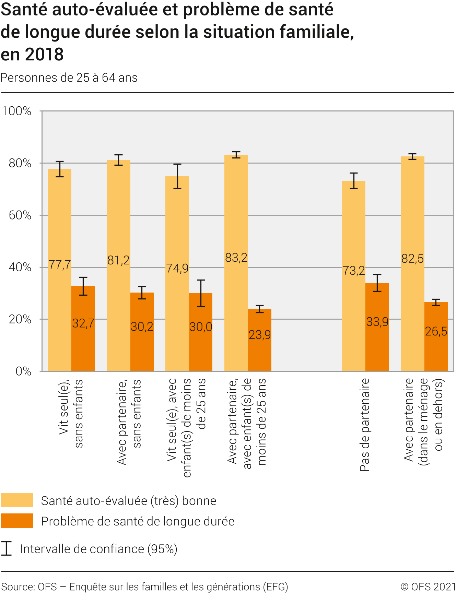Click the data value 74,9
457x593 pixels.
tap(177, 268)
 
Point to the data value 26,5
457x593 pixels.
tap(436, 331)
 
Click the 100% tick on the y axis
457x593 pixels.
tap(17, 111)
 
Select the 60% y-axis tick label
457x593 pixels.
tap(20, 215)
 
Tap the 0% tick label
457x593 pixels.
tap(23, 371)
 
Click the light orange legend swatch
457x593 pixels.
tap(17, 500)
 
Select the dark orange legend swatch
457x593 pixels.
tap(17, 521)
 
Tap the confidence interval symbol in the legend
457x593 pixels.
tap(6, 548)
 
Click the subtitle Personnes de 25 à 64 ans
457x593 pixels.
tap(69, 78)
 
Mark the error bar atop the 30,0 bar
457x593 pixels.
tap(201, 293)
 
